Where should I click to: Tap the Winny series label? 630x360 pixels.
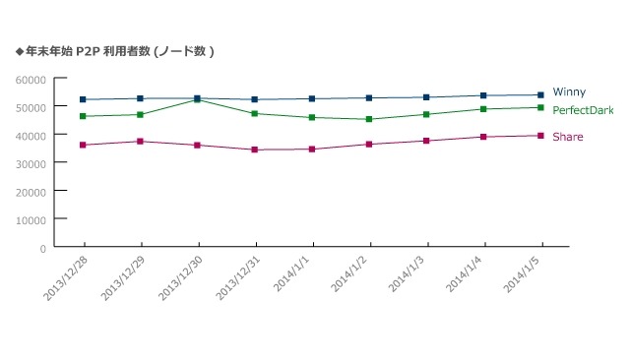(569, 91)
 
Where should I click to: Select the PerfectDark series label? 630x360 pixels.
(583, 110)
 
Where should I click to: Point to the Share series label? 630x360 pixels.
(567, 137)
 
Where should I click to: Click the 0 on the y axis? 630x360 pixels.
(42, 247)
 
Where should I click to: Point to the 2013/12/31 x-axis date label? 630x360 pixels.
(237, 278)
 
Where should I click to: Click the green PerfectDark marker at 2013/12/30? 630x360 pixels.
(198, 100)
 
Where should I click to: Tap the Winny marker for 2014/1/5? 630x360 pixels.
(541, 94)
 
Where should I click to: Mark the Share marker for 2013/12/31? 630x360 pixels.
(255, 150)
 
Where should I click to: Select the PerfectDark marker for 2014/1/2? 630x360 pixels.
(369, 119)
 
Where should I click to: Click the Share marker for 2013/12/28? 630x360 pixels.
(84, 145)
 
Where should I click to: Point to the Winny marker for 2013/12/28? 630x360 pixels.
(84, 99)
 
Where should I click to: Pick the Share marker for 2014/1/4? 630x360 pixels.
(483, 137)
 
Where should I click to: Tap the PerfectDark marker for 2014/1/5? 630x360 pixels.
(541, 107)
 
